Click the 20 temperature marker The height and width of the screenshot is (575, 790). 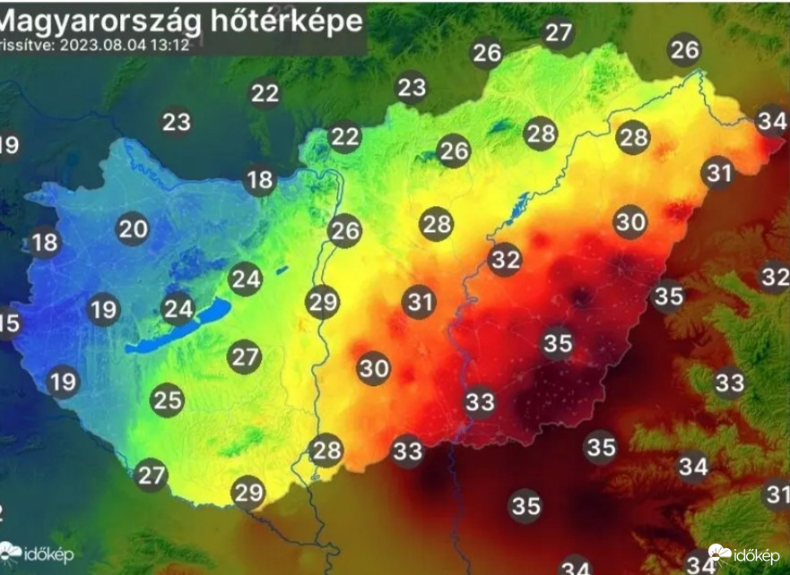(x=134, y=229)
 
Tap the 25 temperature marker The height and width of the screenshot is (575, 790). (x=168, y=399)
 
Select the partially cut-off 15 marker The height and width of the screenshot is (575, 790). (x=7, y=322)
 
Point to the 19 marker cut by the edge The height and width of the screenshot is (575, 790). (x=7, y=145)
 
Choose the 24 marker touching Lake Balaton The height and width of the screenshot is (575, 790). (x=178, y=310)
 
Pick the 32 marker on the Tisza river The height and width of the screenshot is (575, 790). (x=505, y=260)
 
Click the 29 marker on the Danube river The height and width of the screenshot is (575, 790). (x=323, y=301)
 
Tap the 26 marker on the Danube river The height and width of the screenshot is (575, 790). (x=344, y=231)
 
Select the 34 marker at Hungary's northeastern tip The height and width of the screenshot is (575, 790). (x=770, y=120)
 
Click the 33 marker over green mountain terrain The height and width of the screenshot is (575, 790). (x=730, y=383)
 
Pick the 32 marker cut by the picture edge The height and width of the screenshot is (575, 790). (x=775, y=277)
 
